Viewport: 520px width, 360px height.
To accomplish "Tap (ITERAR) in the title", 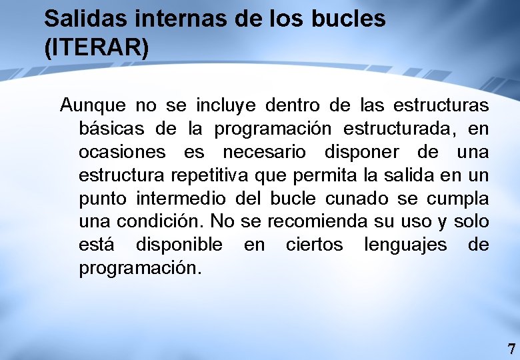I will (x=97, y=51).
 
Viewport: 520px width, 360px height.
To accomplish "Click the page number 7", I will (x=511, y=349).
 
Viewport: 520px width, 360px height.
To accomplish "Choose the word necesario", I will (x=265, y=152).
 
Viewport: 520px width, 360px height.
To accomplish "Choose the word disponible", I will (x=179, y=245).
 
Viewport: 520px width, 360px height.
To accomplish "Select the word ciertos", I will (x=314, y=245).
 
